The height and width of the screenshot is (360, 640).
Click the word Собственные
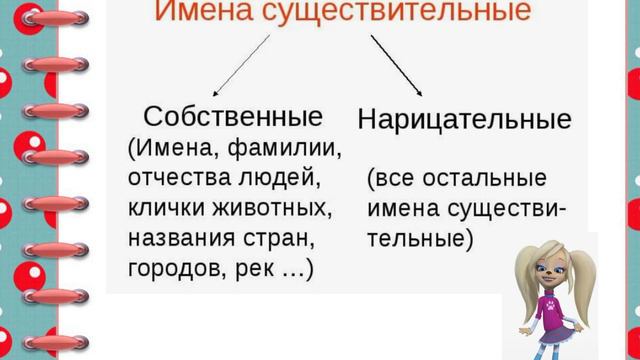pyautogui.click(x=233, y=115)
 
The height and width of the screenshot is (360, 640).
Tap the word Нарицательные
pyautogui.click(x=464, y=120)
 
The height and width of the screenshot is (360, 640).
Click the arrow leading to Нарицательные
pyautogui.click(x=396, y=64)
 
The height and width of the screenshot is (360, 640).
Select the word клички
pyautogui.click(x=169, y=209)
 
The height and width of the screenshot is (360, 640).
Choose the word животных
pyautogui.click(x=273, y=209)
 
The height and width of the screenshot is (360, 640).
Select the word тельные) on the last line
pyautogui.click(x=419, y=240)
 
